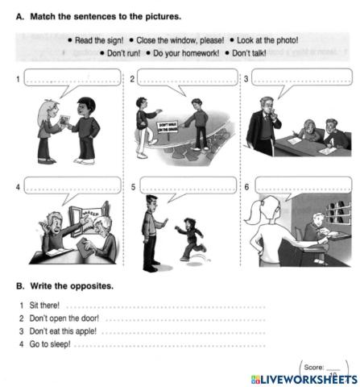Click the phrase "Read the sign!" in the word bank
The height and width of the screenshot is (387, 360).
tap(101, 40)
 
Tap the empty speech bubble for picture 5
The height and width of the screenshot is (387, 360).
tap(187, 185)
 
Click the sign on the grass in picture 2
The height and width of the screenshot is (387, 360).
tap(168, 129)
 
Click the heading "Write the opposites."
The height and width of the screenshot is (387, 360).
tap(72, 286)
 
